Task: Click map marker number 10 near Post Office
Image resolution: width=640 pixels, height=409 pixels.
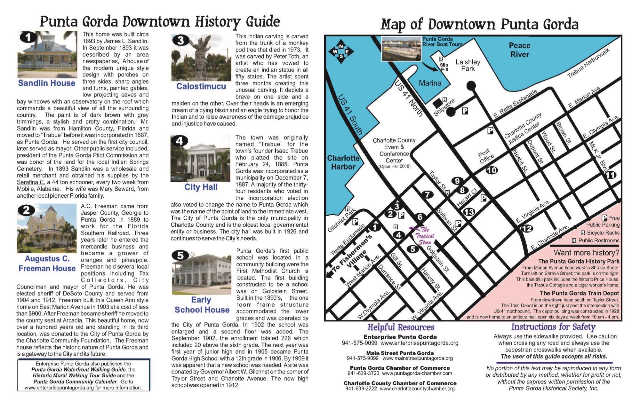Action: click(x=492, y=170)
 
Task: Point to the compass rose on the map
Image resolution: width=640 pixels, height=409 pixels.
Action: click(x=341, y=52)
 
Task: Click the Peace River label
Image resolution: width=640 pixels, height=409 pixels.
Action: click(x=519, y=50)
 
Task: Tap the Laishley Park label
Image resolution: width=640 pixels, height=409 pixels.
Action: click(x=468, y=65)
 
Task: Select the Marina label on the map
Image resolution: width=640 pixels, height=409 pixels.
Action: click(x=430, y=83)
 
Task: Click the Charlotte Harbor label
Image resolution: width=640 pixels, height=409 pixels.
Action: click(x=343, y=162)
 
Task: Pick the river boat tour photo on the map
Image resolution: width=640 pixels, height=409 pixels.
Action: click(x=401, y=48)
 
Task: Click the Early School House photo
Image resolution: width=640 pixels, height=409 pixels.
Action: click(x=201, y=273)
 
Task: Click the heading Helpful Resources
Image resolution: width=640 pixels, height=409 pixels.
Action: click(x=401, y=327)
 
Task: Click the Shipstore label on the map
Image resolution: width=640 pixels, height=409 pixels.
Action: click(x=444, y=107)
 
